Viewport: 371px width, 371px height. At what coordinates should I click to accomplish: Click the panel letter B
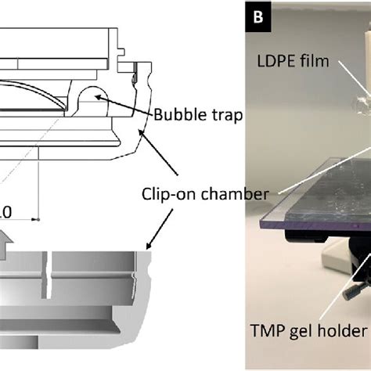click(258, 15)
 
